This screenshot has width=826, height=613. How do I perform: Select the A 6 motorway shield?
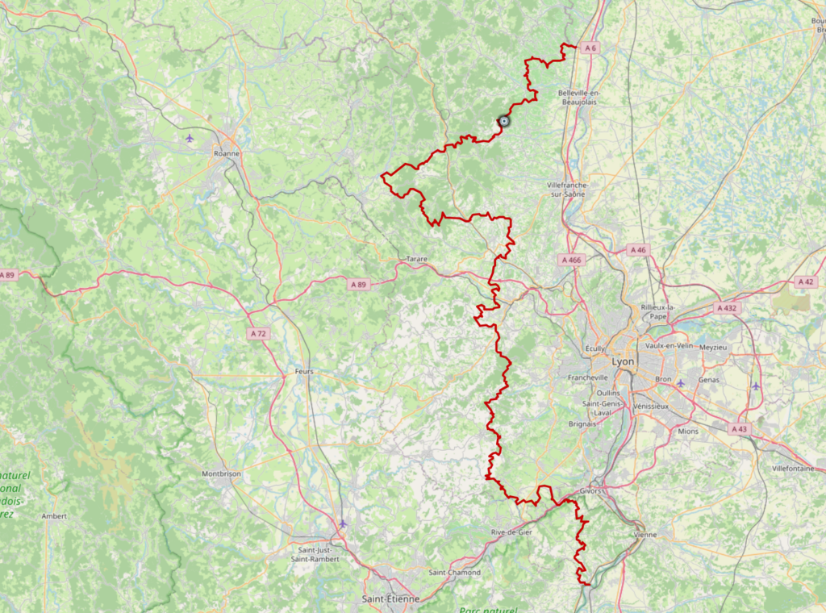[590, 48]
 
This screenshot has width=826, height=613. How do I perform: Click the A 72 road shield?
[258, 333]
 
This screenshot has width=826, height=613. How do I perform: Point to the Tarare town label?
[416, 259]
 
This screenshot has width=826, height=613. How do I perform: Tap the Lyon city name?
[623, 362]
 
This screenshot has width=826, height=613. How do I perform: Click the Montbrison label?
[221, 474]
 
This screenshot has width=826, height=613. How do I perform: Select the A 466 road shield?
[571, 260]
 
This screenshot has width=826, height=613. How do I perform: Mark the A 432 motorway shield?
[727, 308]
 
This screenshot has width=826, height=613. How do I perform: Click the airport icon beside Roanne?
[190, 137]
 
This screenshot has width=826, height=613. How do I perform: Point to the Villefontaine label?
[795, 468]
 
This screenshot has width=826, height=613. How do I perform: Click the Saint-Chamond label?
[454, 573]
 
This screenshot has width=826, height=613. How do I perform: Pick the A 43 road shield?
[739, 429]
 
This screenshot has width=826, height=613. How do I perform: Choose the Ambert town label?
[54, 516]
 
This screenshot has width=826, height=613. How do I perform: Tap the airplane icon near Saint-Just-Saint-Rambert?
[342, 523]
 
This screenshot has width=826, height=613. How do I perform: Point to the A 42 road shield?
[804, 281]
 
